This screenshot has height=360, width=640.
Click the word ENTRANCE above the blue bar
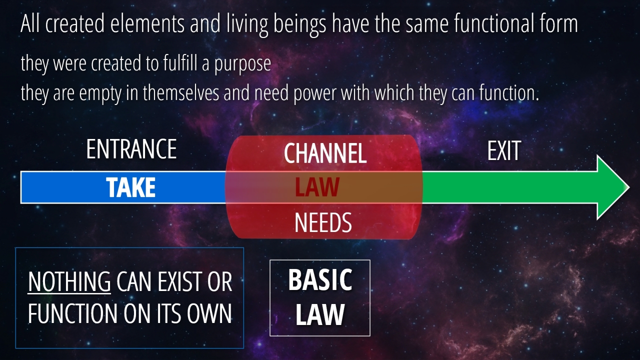[x=131, y=149]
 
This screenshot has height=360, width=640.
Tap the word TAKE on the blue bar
[x=131, y=187]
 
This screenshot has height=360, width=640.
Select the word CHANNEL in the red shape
[x=325, y=153]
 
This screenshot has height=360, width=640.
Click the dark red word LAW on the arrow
[x=317, y=187]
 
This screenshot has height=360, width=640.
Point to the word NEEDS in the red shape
[x=323, y=222]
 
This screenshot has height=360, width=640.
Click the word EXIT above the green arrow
[x=504, y=150]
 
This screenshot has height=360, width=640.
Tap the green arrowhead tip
[x=629, y=187]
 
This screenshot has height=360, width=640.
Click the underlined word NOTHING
[x=69, y=281]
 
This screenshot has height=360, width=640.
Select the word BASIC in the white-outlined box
[x=320, y=279]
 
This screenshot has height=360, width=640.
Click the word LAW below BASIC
[x=320, y=314]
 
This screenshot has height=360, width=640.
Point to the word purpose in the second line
[x=242, y=64]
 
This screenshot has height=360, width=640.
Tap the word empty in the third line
[x=100, y=93]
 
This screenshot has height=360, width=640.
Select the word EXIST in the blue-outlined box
[x=174, y=282]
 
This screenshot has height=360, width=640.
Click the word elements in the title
[x=147, y=23]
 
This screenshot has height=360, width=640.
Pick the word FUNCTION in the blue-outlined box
[x=73, y=313]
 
